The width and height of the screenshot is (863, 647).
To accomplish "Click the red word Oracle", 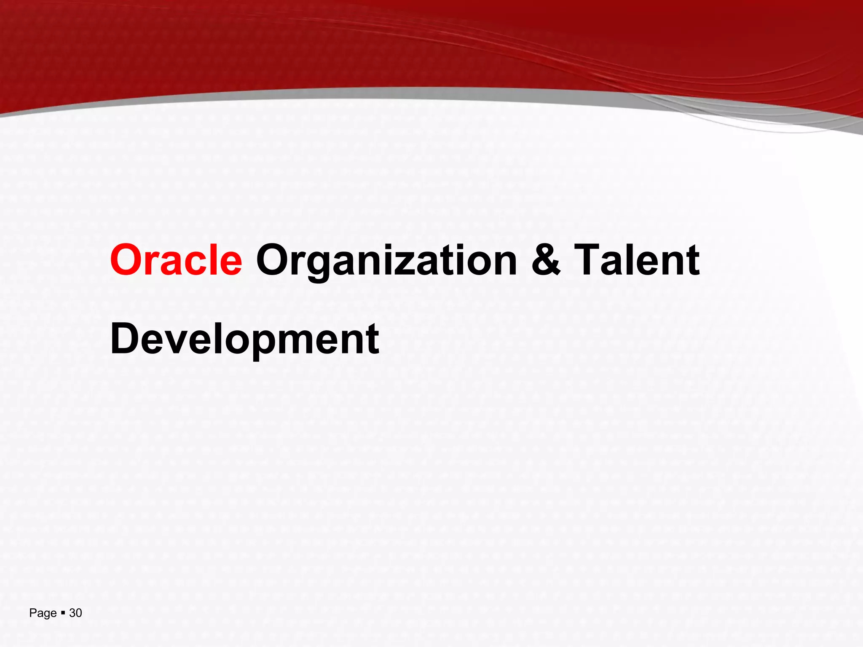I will coord(176,260).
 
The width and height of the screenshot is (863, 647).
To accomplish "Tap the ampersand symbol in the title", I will coord(546,260).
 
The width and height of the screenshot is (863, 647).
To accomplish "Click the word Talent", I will coord(637,260).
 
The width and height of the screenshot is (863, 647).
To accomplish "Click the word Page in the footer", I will coord(43,613).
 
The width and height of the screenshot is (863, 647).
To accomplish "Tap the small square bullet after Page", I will coord(63,612).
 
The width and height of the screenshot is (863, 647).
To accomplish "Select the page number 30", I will coord(75,613).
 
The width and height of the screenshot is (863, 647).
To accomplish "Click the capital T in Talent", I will coord(588,260).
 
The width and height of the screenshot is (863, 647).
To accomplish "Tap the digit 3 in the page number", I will coord(72,613).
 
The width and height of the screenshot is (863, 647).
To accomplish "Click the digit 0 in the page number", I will coord(79,613).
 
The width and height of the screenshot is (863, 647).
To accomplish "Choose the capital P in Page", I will coord(32,613).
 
